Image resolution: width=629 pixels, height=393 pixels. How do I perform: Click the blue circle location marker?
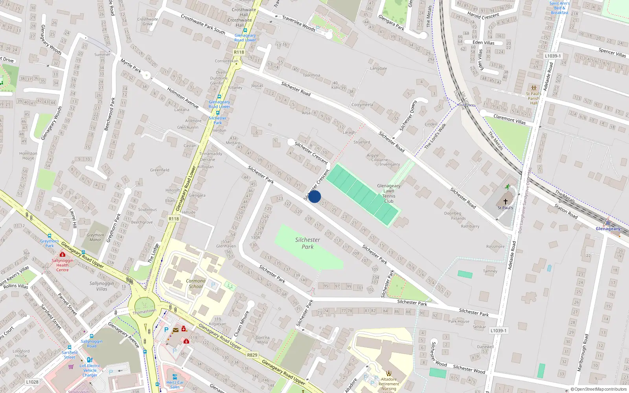pyautogui.click(x=314, y=196)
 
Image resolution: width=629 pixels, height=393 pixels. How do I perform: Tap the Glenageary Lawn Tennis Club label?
pyautogui.click(x=389, y=193)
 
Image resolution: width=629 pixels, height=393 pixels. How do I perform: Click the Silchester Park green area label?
pyautogui.click(x=307, y=243)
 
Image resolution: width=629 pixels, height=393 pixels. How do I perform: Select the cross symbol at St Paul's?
pyautogui.click(x=506, y=202)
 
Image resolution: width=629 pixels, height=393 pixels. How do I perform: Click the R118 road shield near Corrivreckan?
pyautogui.click(x=239, y=52)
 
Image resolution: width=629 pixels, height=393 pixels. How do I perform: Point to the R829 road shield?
pyautogui.click(x=252, y=355)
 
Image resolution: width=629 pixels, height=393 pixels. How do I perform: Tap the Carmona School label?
pyautogui.click(x=196, y=283)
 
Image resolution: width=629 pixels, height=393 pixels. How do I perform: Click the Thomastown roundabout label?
pyautogui.click(x=144, y=311)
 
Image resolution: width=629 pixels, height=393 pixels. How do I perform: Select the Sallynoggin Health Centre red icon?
pyautogui.click(x=62, y=255)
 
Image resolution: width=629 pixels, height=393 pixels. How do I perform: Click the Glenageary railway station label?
pyautogui.click(x=608, y=229)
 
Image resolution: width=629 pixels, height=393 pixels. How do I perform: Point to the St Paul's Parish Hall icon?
pyautogui.click(x=533, y=88)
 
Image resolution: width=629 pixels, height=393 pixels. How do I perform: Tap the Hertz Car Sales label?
pyautogui.click(x=175, y=384)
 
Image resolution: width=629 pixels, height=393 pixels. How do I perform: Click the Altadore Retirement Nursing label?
pyautogui.click(x=389, y=384)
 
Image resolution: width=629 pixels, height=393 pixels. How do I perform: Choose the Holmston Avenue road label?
pyautogui.click(x=183, y=98)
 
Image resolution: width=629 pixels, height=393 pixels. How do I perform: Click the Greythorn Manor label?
pyautogui.click(x=95, y=237)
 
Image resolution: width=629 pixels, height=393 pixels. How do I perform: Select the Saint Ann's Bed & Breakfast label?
pyautogui.click(x=559, y=8)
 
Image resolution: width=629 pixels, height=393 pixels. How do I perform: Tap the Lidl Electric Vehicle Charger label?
pyautogui.click(x=90, y=370)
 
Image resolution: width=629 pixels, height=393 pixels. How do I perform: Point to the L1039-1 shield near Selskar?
pyautogui.click(x=498, y=331)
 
